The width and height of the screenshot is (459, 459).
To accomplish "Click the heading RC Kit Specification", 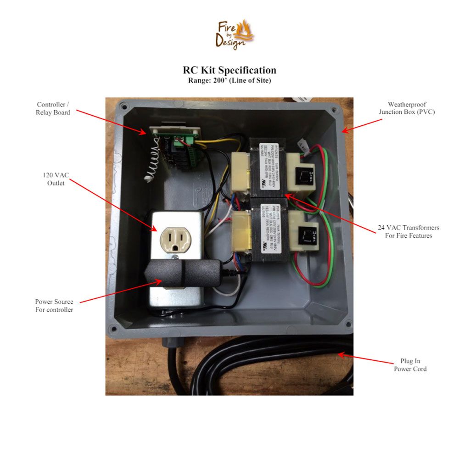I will click(229, 70).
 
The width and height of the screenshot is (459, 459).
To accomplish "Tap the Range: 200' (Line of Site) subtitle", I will click(229, 80).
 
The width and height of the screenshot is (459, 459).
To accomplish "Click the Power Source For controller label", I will click(54, 306).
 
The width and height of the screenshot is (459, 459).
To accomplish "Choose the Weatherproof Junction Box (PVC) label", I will click(407, 108).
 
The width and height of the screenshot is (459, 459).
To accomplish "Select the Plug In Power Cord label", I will click(410, 365).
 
